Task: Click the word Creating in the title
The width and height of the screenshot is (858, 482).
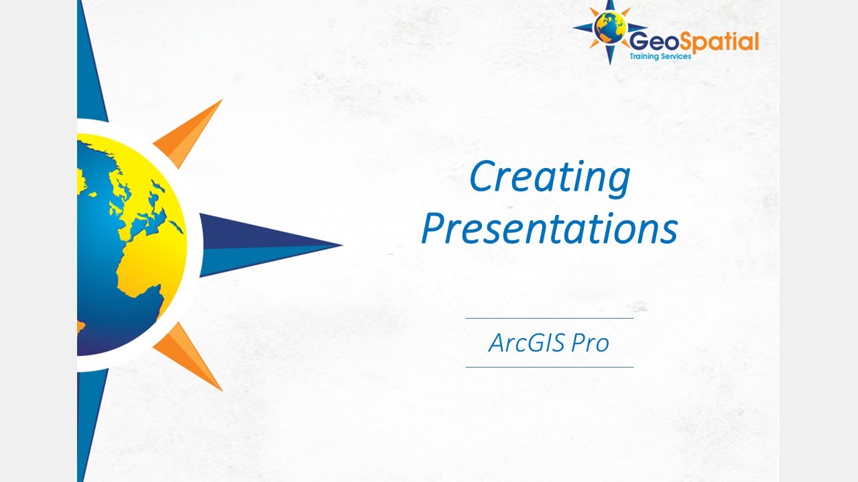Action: click(x=549, y=177)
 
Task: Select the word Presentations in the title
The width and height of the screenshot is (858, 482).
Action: click(x=549, y=228)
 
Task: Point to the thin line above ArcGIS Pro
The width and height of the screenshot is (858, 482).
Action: click(x=549, y=318)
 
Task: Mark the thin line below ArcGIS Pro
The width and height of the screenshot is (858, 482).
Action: click(x=549, y=367)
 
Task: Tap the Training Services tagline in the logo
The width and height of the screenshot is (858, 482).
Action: click(x=660, y=57)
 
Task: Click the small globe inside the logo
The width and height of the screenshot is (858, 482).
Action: click(x=610, y=29)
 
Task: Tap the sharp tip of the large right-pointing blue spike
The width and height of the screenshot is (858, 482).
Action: click(x=341, y=244)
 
